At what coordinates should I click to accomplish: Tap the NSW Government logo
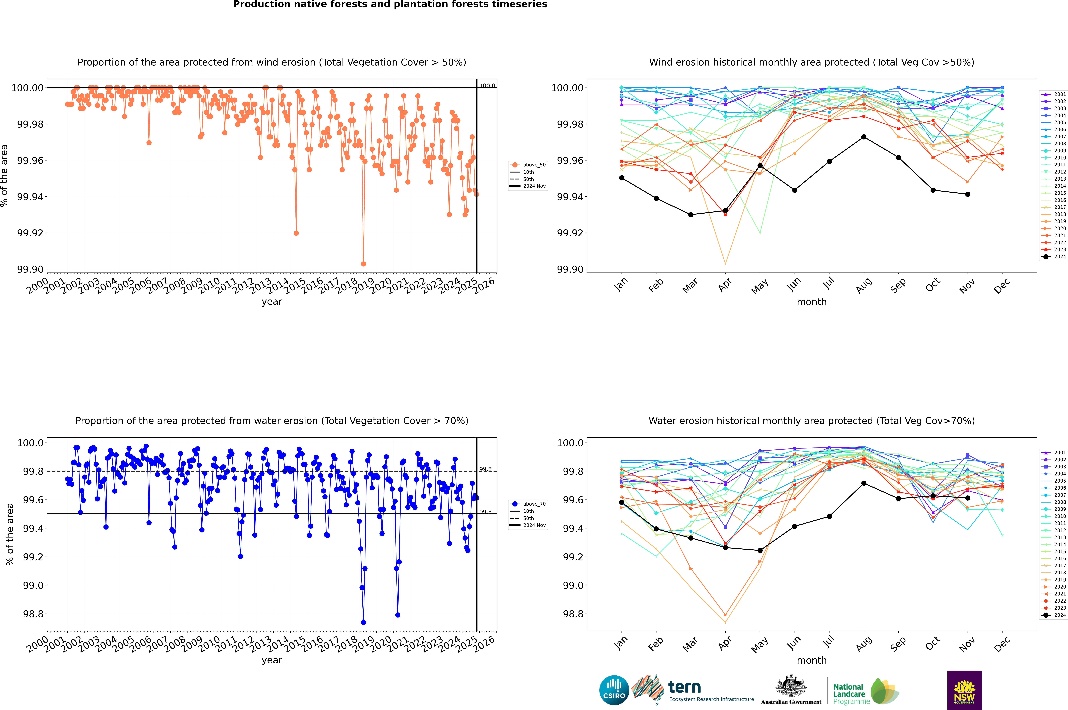(964, 690)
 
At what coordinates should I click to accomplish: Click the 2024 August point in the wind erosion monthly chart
(864, 137)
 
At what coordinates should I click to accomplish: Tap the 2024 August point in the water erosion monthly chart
(864, 483)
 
